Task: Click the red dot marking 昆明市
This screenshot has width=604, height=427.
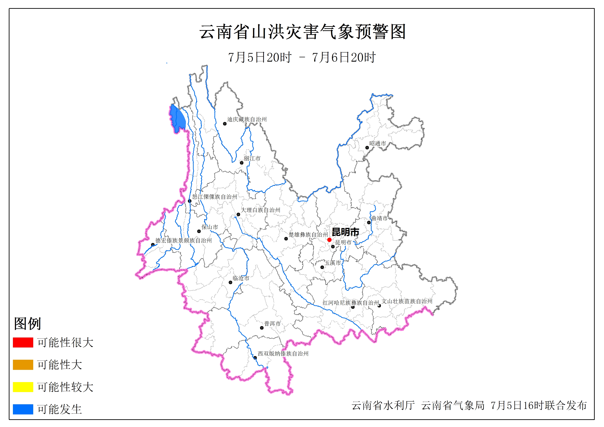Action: pos(329,240)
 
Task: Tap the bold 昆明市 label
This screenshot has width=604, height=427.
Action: pos(345,232)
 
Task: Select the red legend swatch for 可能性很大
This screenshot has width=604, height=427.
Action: pos(23,342)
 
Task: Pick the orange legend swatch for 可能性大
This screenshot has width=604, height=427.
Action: pos(23,365)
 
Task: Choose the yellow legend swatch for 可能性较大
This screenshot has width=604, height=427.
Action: pos(23,387)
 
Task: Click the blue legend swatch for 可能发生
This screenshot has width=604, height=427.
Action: pos(23,409)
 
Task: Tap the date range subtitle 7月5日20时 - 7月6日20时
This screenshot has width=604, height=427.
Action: pos(302,57)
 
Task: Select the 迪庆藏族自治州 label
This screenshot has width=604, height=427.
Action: pos(247,119)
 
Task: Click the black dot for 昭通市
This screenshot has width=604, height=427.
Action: pos(367,148)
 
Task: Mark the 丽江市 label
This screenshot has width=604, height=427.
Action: pos(252,158)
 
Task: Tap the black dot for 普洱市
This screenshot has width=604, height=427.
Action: pos(262,328)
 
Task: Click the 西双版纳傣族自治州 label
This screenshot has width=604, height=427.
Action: pos(283,354)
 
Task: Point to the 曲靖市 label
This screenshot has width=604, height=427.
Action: pos(379,218)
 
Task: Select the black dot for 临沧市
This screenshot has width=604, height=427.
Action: pos(230,282)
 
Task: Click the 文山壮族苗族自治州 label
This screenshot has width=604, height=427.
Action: pos(407,301)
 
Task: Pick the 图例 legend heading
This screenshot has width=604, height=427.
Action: pos(27,323)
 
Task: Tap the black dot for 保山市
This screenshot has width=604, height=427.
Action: pos(199,231)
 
